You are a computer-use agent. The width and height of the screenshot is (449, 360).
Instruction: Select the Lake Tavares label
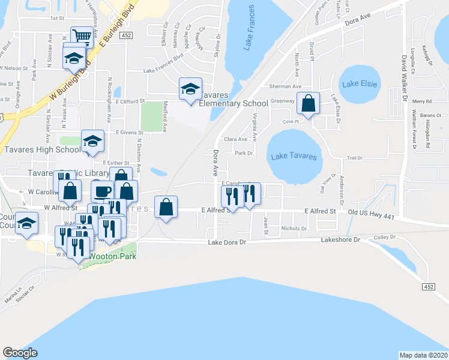pyautogui.click(x=293, y=157)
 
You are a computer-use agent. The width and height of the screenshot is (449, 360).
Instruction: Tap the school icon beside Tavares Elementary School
pyautogui.click(x=190, y=89)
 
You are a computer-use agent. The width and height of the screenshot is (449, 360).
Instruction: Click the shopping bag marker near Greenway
pyautogui.click(x=308, y=104)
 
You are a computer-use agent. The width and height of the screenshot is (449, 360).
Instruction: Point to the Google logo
pyautogui.click(x=20, y=353)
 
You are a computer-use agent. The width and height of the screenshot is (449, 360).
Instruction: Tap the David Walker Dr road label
pyautogui.click(x=405, y=78)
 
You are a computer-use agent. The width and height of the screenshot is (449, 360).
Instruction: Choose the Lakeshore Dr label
pyautogui.click(x=339, y=239)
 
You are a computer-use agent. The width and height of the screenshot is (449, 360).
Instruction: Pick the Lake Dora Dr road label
pyautogui.click(x=228, y=243)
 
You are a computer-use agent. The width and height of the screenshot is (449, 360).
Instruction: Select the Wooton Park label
pyautogui.click(x=113, y=257)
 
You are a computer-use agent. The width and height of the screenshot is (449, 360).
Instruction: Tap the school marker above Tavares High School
pyautogui.click(x=92, y=141)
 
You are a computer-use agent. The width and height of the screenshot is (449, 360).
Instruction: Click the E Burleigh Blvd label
pyautogui.click(x=119, y=28)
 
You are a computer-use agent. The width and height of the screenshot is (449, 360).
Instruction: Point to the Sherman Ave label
pyautogui.click(x=285, y=86)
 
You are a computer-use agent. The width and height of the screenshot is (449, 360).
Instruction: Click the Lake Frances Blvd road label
pyautogui.click(x=163, y=71)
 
